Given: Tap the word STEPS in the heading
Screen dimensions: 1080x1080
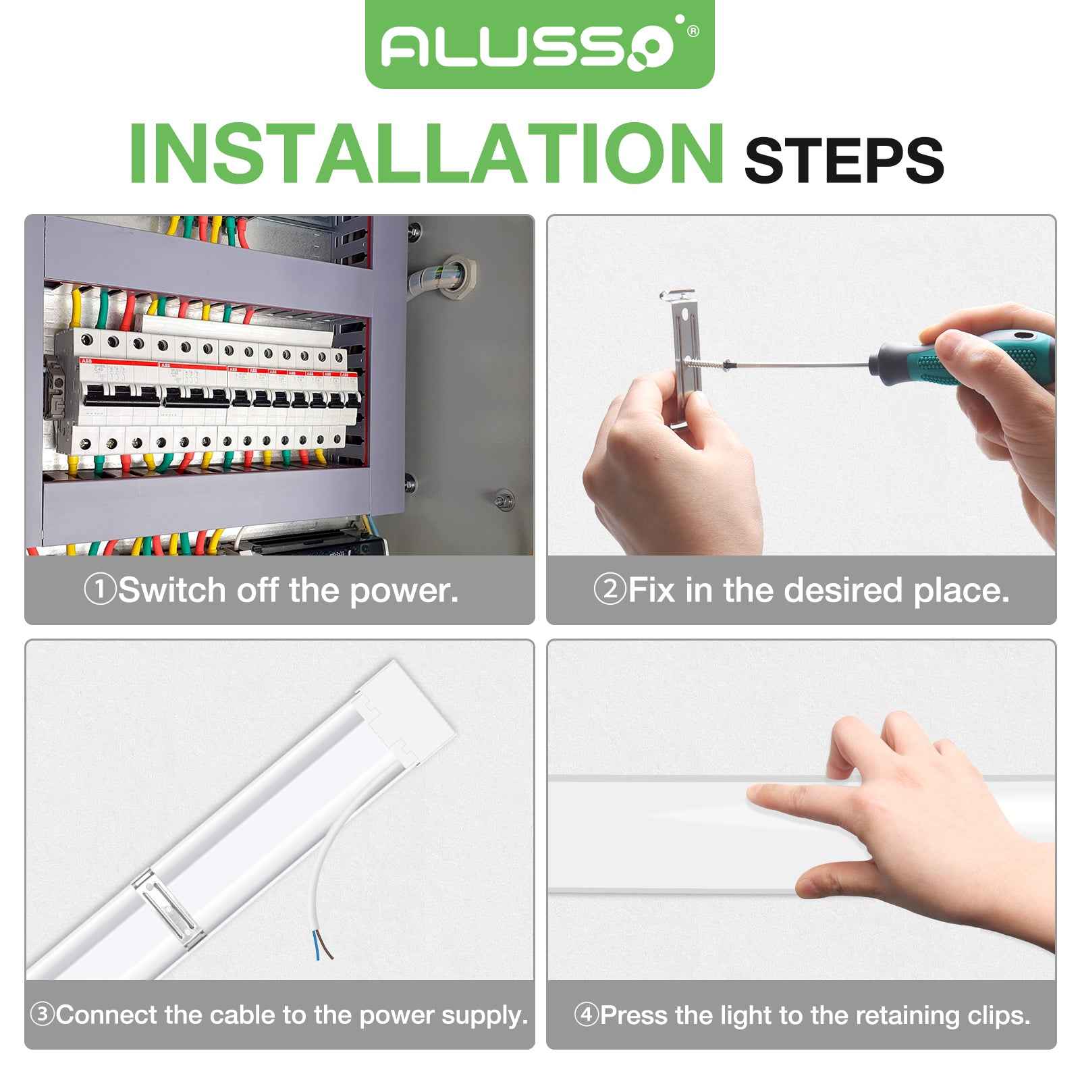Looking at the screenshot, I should tap(843, 160).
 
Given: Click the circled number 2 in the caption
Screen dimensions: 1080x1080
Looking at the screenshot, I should tap(610, 590).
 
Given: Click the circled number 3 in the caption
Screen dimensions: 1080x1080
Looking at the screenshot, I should tap(43, 1015).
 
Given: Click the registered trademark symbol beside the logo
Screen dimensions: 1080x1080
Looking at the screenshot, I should tap(693, 31).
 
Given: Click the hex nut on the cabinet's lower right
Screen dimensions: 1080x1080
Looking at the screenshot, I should tap(501, 500).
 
